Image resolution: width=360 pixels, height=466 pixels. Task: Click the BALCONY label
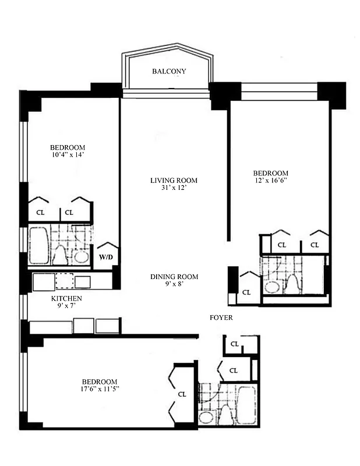coord(168,72)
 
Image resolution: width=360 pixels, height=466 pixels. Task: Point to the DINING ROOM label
coord(174,277)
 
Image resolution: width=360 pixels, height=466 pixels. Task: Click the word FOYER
coord(221,318)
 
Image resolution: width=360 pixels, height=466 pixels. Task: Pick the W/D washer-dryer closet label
coord(105,256)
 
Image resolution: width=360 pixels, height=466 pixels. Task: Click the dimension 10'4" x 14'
coord(68,155)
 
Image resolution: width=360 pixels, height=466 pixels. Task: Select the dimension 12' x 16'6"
coord(270,181)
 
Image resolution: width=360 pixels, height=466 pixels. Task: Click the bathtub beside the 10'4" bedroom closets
coord(38,245)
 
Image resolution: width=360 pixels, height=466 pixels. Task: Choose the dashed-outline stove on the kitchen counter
coord(65,282)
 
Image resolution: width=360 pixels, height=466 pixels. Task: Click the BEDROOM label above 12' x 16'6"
coord(270,174)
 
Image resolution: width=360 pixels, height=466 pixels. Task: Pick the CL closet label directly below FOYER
coord(234,344)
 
